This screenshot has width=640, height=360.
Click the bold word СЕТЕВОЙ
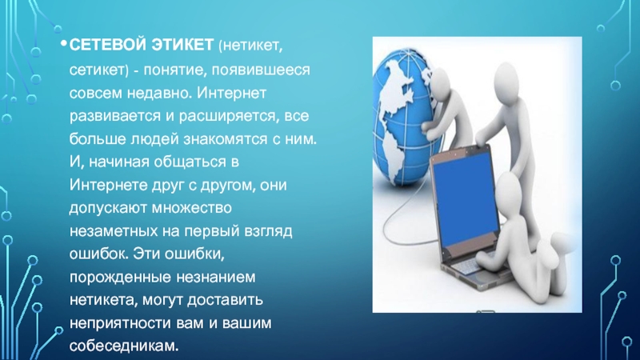[x=108, y=45]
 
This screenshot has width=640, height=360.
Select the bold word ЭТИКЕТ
[x=183, y=45]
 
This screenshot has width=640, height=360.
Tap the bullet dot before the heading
[x=63, y=43]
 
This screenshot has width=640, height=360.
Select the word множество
[x=192, y=208]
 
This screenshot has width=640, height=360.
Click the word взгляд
[x=268, y=232]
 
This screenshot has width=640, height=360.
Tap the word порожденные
[x=120, y=278]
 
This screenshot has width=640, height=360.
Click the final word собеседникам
[x=124, y=346]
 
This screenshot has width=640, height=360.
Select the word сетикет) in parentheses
[x=98, y=70]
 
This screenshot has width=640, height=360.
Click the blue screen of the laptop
[x=466, y=199]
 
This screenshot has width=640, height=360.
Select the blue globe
[x=404, y=118]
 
